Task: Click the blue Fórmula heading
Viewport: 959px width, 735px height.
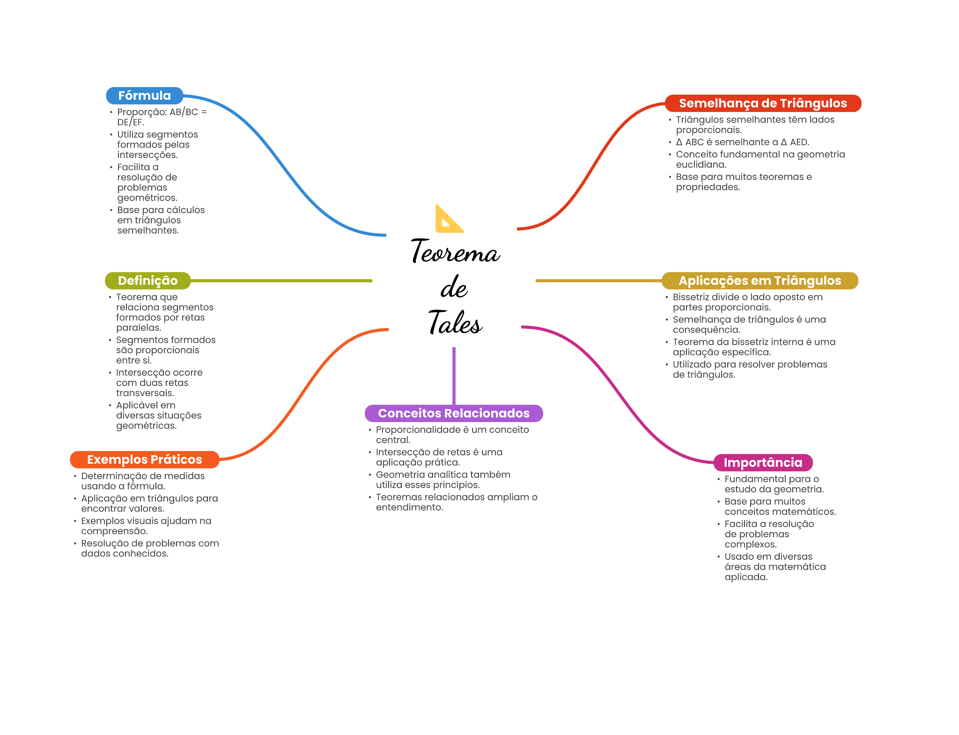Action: (144, 96)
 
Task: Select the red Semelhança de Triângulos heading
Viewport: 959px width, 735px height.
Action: (762, 104)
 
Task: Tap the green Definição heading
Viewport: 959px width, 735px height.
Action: (148, 281)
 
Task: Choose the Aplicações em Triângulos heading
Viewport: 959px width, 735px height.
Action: (760, 281)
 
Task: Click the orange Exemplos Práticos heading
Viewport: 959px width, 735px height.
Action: (144, 460)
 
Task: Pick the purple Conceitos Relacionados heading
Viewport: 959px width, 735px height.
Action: (453, 413)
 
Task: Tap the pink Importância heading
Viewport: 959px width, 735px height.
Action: (762, 463)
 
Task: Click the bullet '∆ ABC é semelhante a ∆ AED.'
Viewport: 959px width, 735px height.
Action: (742, 142)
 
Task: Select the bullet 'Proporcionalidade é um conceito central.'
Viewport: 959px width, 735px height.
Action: (452, 435)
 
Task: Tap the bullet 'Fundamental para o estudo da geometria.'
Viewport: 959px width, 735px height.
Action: (774, 484)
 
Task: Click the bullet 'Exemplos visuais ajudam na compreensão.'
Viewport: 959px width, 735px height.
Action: (146, 526)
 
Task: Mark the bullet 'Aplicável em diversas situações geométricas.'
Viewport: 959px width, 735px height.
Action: (158, 416)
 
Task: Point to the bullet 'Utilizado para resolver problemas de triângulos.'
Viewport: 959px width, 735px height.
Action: (750, 370)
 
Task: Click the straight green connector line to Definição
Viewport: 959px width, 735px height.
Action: (281, 281)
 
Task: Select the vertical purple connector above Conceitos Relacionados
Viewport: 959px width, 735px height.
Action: (454, 375)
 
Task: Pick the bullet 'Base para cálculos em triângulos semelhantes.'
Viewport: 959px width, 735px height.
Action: (161, 220)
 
